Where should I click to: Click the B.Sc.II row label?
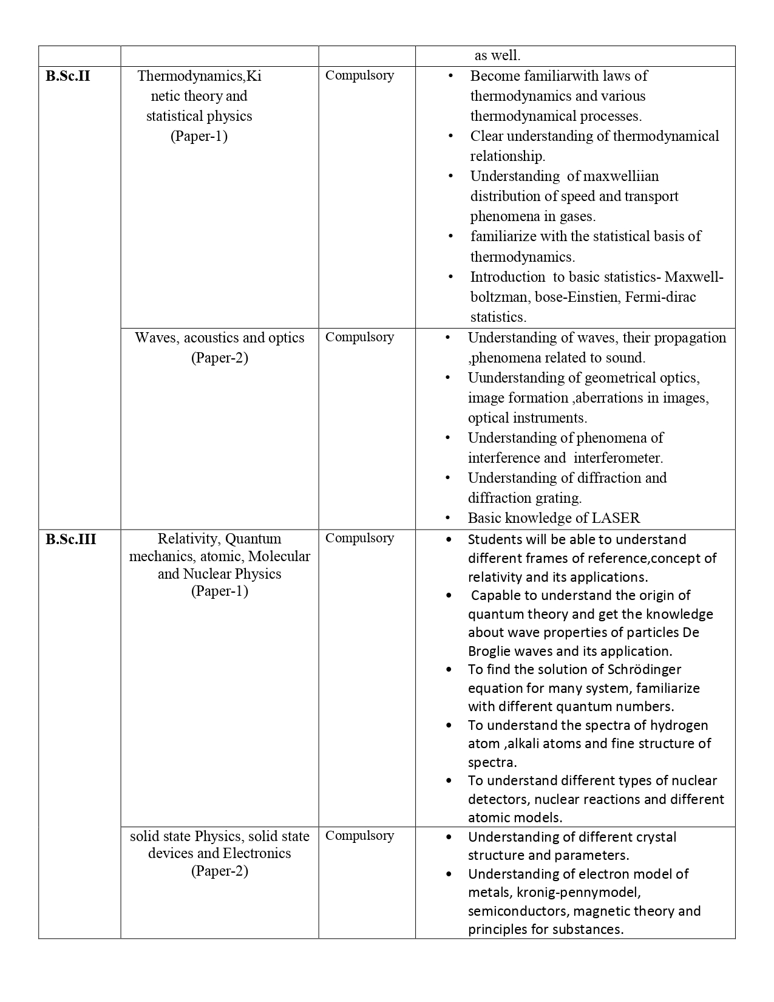(67, 76)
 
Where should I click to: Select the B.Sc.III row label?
(70, 539)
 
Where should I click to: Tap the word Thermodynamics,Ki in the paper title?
(199, 76)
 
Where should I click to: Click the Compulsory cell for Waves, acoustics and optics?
(359, 337)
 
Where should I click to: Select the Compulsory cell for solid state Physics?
(359, 836)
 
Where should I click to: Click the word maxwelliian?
(620, 176)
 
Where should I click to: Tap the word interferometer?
(618, 458)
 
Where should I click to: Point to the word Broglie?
(489, 651)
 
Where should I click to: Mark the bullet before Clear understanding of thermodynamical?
(450, 136)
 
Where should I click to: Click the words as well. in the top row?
(497, 56)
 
